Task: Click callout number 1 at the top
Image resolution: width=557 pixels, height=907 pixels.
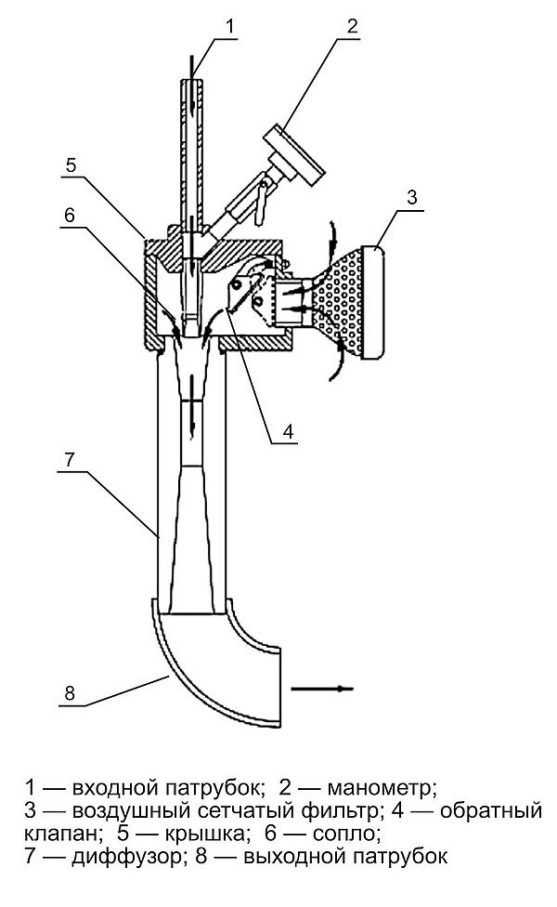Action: coord(230,27)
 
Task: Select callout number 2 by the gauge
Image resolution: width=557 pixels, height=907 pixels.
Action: coord(352,25)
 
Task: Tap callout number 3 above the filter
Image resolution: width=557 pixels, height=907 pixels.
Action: coord(411,197)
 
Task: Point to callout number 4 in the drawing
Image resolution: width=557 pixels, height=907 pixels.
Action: coord(289,431)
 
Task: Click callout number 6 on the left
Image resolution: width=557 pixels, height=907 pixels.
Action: coord(70,216)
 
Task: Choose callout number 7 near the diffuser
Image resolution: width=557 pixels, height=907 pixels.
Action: coord(69,460)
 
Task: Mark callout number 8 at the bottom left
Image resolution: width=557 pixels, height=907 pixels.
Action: coord(70,692)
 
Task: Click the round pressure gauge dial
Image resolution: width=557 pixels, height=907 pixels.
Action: coord(294,155)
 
